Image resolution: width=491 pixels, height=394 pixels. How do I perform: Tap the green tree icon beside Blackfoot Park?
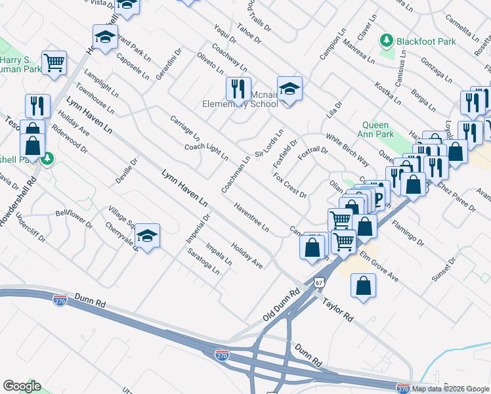[387, 41]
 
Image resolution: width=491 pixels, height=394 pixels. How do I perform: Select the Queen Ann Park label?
[375, 130]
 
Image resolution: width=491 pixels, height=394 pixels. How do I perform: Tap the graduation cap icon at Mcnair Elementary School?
[289, 88]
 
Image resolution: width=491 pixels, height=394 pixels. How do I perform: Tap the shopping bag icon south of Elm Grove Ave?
[364, 285]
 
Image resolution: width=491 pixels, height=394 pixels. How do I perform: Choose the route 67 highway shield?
[318, 282]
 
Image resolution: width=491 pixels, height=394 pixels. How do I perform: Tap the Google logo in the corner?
[21, 386]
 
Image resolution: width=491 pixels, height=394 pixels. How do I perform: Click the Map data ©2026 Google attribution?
[450, 389]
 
